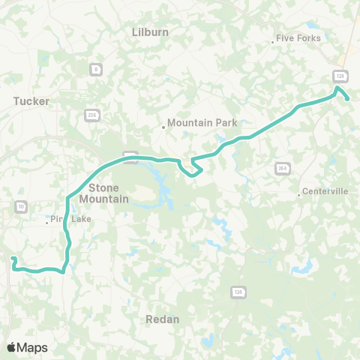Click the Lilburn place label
(x=150, y=32)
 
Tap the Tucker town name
(x=31, y=100)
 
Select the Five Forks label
(x=298, y=38)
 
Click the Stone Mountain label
(x=109, y=193)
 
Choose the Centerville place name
(x=325, y=191)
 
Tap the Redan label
(x=163, y=319)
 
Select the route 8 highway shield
(x=95, y=69)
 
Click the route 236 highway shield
(x=92, y=115)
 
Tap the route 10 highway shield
(x=19, y=205)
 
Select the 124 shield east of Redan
(x=237, y=291)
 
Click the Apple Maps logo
(x=27, y=347)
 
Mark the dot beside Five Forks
(x=272, y=42)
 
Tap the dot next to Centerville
(x=299, y=195)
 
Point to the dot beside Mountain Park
(x=163, y=127)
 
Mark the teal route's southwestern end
(x=13, y=259)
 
